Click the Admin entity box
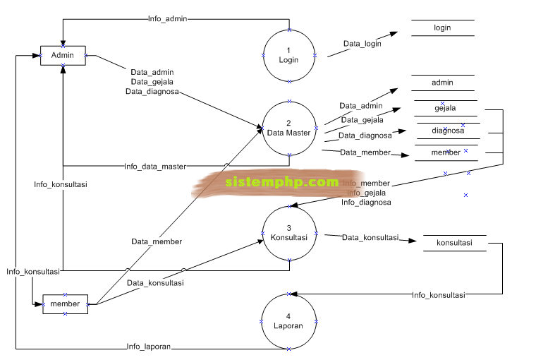tap(63, 56)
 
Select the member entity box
tap(65, 304)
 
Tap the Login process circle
tap(288, 55)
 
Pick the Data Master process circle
tap(288, 128)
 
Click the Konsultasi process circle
tap(288, 233)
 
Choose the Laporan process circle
tap(288, 321)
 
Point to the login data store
tap(442, 28)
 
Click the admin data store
tap(442, 83)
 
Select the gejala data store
tap(445, 108)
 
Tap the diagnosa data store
tap(448, 131)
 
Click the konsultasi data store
tap(454, 244)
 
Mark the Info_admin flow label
tap(168, 19)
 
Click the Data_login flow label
tap(363, 44)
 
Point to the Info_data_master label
tap(155, 167)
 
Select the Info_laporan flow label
tap(149, 347)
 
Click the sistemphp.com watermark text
tap(282, 182)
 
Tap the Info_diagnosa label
tap(366, 203)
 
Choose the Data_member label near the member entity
tap(157, 241)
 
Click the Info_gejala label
tap(368, 193)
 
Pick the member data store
tap(446, 152)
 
